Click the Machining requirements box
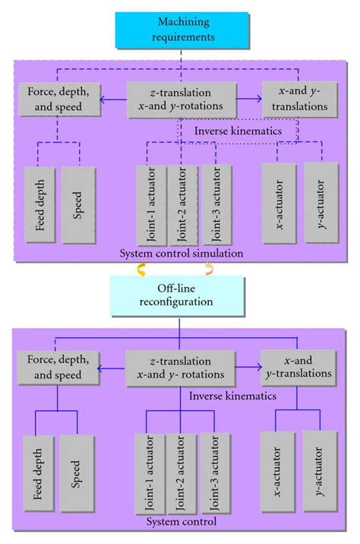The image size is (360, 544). click(x=179, y=30)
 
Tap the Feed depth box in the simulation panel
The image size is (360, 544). click(x=40, y=204)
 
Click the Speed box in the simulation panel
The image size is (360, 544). click(x=79, y=204)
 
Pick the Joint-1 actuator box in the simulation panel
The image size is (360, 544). click(x=150, y=201)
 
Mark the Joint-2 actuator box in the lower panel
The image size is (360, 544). click(x=180, y=471)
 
